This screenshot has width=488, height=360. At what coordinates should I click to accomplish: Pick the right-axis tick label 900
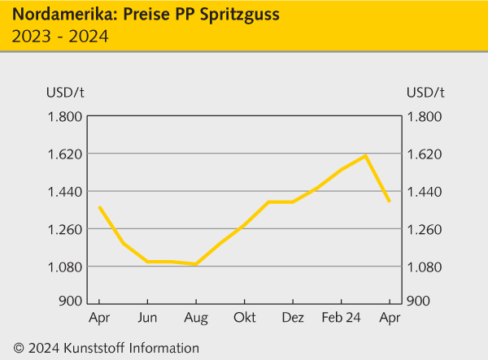[x=418, y=301]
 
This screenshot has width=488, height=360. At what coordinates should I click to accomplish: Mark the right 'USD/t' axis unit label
[x=425, y=90]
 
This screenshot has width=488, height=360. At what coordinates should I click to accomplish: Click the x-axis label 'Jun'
[x=147, y=317]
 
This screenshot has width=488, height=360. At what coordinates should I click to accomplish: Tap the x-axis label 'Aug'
[x=196, y=317]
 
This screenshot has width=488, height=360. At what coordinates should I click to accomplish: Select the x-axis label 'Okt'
[x=244, y=317]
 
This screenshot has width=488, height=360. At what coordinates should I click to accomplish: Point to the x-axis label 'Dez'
[x=293, y=317]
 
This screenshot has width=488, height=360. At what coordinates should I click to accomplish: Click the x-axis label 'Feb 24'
[x=341, y=317]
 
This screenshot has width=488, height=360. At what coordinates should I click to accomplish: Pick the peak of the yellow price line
[x=366, y=155]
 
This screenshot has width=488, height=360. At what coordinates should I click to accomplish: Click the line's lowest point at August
[x=196, y=264]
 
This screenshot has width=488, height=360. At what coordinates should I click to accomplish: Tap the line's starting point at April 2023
[x=99, y=207]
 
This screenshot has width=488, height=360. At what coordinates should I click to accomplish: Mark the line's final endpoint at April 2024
[x=390, y=201]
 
